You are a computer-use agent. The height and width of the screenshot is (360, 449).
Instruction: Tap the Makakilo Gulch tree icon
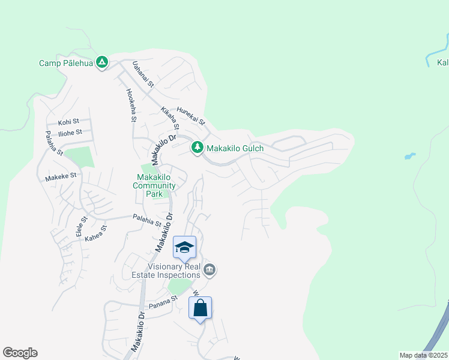click(196, 148)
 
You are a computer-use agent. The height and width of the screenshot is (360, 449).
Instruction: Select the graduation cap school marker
click(185, 247)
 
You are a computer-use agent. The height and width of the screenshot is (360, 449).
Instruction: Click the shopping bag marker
click(200, 308)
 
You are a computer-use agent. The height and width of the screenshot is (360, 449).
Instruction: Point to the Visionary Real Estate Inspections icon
click(209, 269)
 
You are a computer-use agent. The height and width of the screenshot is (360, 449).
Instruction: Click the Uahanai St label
click(143, 75)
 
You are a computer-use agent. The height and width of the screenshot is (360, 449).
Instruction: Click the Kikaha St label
click(170, 118)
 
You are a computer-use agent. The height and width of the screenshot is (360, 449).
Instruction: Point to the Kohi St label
click(68, 122)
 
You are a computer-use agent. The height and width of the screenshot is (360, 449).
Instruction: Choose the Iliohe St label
click(70, 132)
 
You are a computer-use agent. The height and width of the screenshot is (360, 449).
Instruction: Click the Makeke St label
click(61, 176)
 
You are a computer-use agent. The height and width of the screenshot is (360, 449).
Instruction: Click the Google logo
click(20, 353)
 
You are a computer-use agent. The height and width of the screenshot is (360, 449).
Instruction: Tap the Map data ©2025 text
click(423, 355)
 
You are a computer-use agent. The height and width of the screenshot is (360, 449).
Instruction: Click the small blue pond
click(409, 157)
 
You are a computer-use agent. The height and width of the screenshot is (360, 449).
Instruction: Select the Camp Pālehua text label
click(66, 62)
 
